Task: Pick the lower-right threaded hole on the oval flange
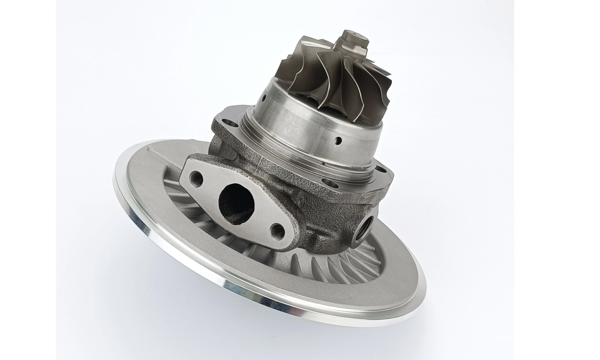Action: tap(277, 231)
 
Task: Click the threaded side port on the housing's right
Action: tap(365, 226)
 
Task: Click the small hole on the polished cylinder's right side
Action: tap(338, 142)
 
